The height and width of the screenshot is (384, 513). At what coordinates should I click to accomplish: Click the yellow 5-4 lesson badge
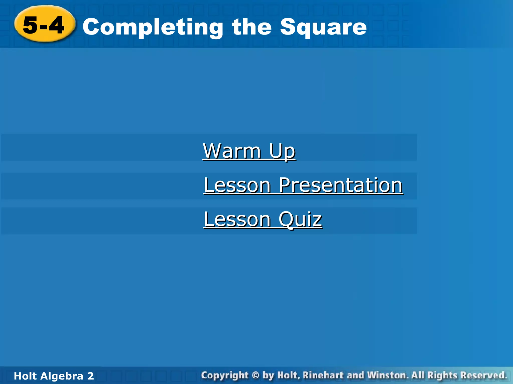pos(45,24)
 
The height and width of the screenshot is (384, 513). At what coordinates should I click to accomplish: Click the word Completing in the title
pos(153,27)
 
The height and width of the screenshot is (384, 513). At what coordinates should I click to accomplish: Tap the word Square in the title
pos(323,27)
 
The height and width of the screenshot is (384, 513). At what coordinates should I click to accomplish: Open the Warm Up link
pos(249,151)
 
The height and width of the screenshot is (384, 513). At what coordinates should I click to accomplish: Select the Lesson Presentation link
pos(303,185)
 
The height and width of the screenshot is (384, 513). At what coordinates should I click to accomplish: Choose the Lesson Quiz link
pos(263,219)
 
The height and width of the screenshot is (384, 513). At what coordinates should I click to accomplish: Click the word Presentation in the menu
pos(341,185)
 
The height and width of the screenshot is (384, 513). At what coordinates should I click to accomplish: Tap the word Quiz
pos(300,219)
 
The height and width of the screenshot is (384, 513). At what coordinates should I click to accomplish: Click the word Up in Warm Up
pos(282,151)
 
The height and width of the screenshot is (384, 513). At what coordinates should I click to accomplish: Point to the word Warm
pos(232,151)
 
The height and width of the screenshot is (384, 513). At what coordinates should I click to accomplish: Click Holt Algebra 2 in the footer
pos(54,376)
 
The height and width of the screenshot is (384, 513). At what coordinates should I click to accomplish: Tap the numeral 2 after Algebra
pos(90,376)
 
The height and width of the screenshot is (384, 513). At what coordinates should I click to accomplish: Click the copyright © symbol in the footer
pos(255,375)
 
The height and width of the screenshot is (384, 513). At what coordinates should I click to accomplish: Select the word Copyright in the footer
pos(225,375)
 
